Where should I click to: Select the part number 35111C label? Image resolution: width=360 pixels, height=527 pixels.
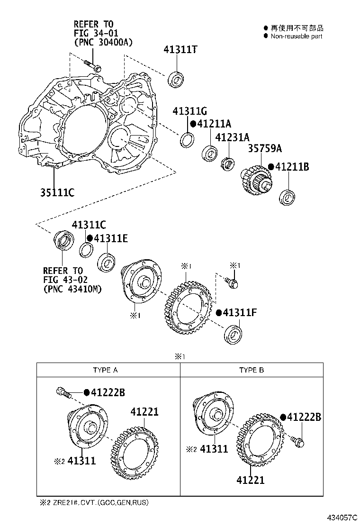pos(57,192)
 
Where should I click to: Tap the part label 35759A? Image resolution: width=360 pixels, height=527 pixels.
pos(265,149)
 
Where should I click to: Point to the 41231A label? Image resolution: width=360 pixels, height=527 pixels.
pos(232,137)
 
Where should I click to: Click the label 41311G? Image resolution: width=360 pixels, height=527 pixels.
pos(190,111)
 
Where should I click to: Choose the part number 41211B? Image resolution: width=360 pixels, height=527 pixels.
pos(292,167)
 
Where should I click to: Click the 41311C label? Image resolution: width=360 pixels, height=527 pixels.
pos(89,225)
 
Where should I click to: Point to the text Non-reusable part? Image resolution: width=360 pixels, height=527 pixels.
pos(296,36)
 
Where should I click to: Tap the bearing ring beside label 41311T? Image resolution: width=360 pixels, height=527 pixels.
pos(177,79)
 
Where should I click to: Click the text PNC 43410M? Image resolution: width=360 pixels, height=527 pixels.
pos(72,288)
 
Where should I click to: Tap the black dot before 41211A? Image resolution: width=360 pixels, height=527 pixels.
pos(193,124)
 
